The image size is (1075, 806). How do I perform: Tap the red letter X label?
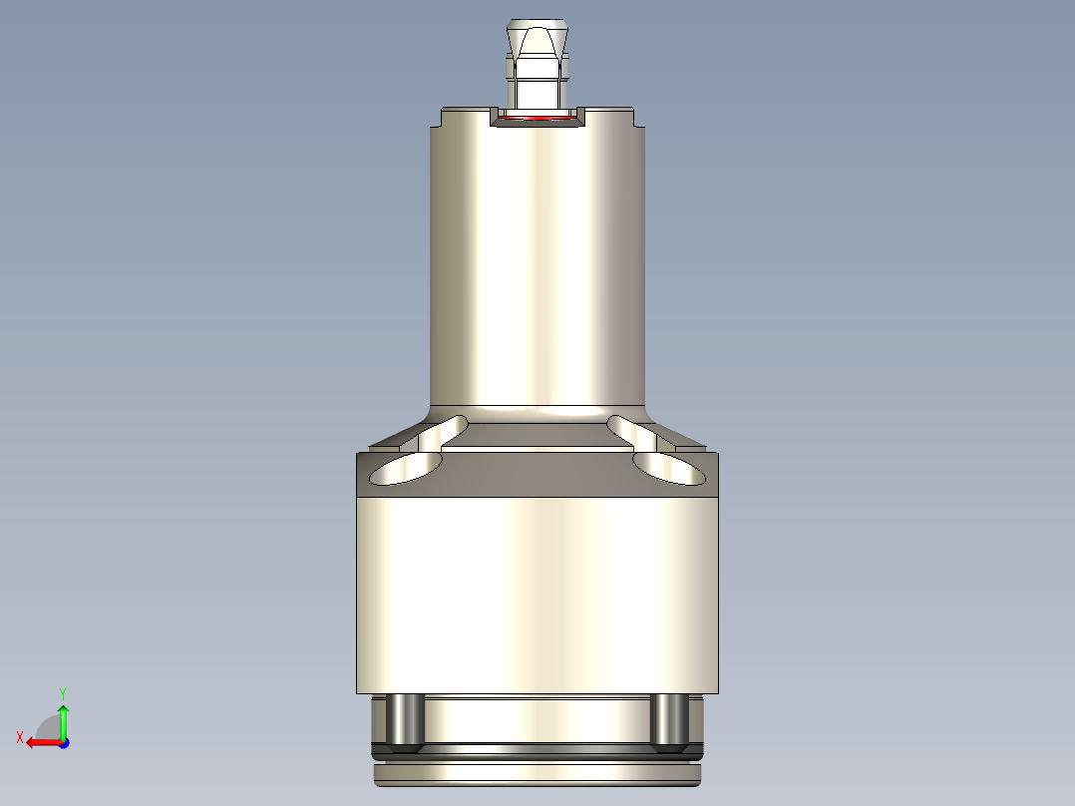pyautogui.click(x=20, y=737)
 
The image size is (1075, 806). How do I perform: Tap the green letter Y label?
pyautogui.click(x=62, y=692)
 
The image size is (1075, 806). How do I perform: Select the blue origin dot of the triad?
pyautogui.click(x=63, y=742)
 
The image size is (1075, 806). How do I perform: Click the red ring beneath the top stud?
pyautogui.click(x=537, y=118)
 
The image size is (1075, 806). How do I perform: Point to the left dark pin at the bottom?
pyautogui.click(x=404, y=720)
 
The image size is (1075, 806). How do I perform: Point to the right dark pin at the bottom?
pyautogui.click(x=667, y=720)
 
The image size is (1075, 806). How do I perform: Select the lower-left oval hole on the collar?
pyautogui.click(x=409, y=468)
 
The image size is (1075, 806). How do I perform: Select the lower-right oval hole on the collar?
pyautogui.click(x=667, y=468)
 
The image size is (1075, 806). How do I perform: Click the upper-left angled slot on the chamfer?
pyautogui.click(x=442, y=431)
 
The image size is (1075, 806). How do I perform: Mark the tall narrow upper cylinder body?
pyautogui.click(x=537, y=259)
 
